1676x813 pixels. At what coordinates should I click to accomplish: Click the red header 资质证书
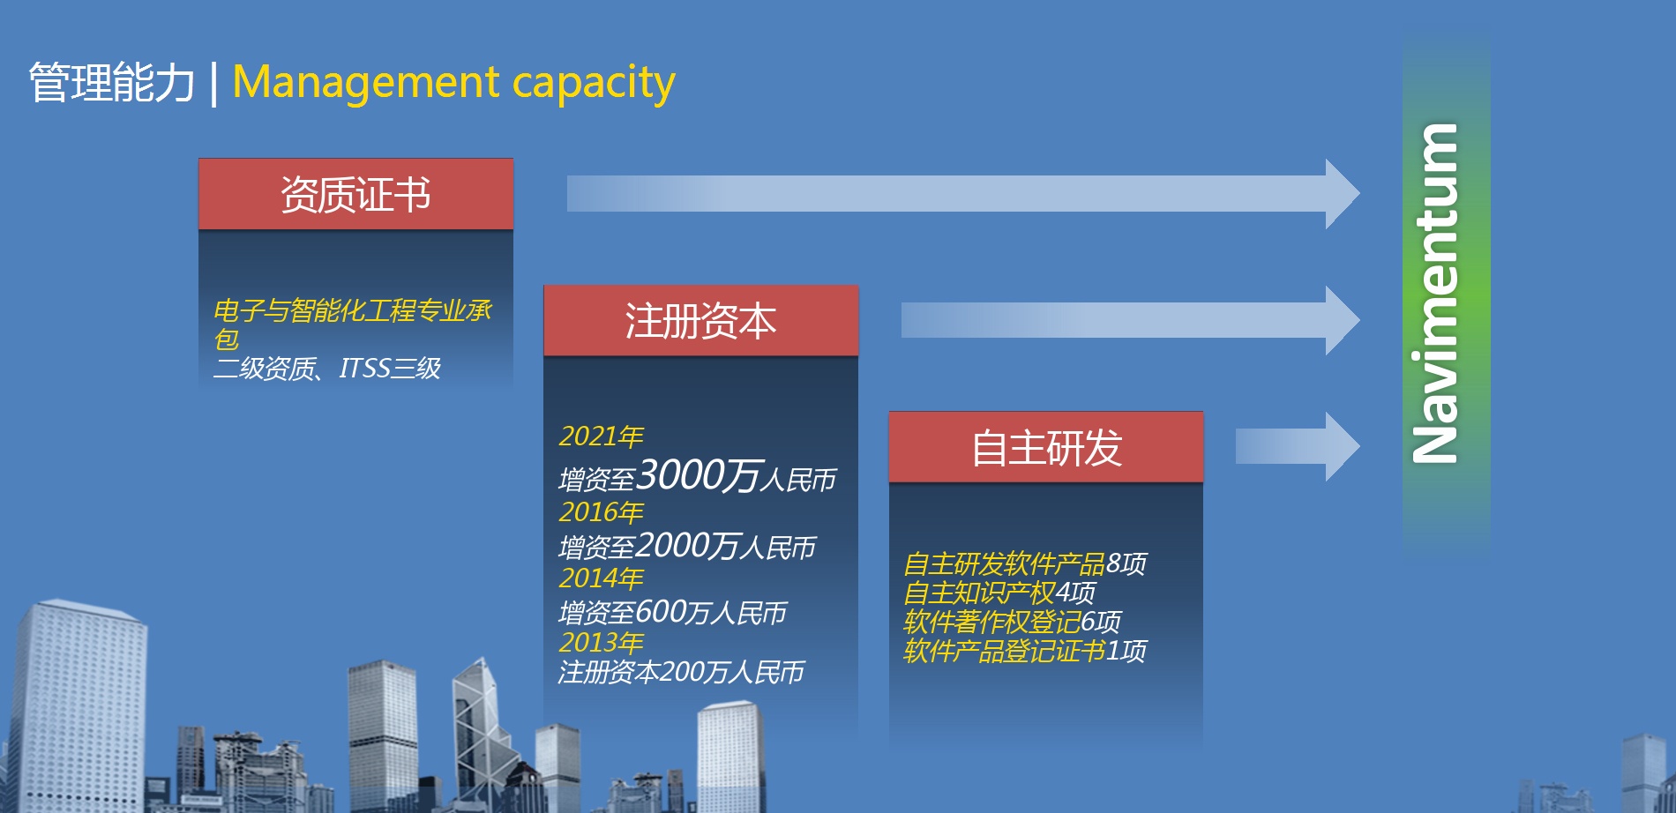[x=355, y=194]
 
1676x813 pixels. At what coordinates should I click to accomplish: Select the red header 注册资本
[x=700, y=320]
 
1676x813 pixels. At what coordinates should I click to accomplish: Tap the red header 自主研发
[x=1046, y=447]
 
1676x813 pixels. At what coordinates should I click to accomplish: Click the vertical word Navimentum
[x=1435, y=293]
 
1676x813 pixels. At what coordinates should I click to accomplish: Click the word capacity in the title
[x=594, y=84]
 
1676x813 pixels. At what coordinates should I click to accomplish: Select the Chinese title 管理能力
[x=111, y=83]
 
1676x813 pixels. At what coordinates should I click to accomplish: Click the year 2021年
[x=601, y=436]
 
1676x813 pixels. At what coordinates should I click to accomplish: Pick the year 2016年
[x=601, y=512]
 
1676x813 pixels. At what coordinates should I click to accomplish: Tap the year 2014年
[x=601, y=578]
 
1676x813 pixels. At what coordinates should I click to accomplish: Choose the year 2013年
[x=601, y=643]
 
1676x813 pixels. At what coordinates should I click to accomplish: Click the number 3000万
[x=698, y=476]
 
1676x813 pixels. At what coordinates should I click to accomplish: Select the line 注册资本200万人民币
[x=681, y=673]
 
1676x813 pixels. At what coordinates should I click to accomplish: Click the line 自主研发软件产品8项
[x=1025, y=563]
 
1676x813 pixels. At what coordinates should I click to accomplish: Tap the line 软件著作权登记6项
[x=1012, y=623]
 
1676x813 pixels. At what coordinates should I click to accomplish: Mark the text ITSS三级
[x=390, y=369]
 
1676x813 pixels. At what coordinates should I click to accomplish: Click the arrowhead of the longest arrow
[x=1343, y=194]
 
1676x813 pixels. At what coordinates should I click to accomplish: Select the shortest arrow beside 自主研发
[x=1298, y=446]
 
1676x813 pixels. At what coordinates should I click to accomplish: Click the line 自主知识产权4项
[x=999, y=593]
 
